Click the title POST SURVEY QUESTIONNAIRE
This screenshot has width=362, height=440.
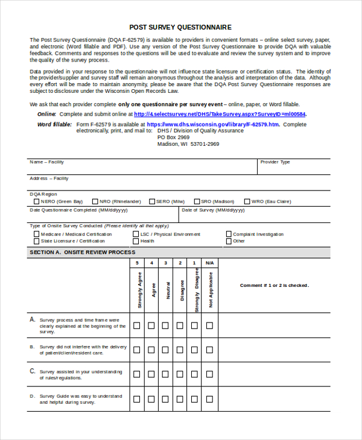pyautogui.click(x=180, y=27)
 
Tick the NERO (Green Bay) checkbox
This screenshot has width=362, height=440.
pyautogui.click(x=36, y=202)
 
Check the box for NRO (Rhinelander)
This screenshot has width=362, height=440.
pyautogui.click(x=95, y=202)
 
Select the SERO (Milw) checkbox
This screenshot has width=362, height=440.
pyautogui.click(x=151, y=202)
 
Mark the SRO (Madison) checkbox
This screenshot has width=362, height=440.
pyautogui.click(x=197, y=202)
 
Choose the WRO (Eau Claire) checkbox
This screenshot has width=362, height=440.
pyautogui.click(x=247, y=202)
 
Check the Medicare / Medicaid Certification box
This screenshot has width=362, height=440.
pyautogui.click(x=37, y=234)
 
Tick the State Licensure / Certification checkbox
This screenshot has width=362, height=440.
pyautogui.click(x=37, y=241)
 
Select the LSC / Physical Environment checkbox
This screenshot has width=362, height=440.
pyautogui.click(x=136, y=234)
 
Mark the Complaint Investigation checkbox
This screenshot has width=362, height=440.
pyautogui.click(x=229, y=234)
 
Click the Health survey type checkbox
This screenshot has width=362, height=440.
pyautogui.click(x=136, y=241)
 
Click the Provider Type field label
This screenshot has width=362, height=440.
pyautogui.click(x=275, y=162)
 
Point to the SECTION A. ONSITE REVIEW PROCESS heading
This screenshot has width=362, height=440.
pyautogui.click(x=82, y=253)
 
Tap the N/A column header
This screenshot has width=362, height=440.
pyautogui.click(x=209, y=263)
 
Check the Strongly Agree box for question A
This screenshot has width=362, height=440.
pyautogui.click(x=137, y=325)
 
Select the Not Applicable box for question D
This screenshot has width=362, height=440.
pyautogui.click(x=209, y=399)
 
